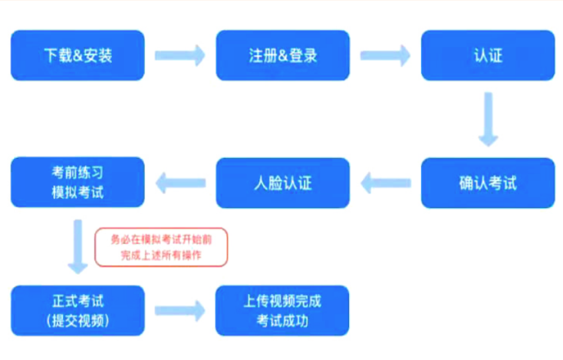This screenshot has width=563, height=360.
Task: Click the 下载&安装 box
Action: tap(77, 55)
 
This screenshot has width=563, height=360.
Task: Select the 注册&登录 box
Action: tap(282, 55)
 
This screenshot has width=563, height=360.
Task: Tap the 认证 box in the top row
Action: tap(488, 55)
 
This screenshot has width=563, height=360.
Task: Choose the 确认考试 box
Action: tap(488, 183)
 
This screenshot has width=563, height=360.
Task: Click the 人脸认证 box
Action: tap(282, 183)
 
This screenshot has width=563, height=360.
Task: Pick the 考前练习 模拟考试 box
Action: tap(77, 182)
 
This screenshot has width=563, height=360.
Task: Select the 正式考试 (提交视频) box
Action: tap(78, 310)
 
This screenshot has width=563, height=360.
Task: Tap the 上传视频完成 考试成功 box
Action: tap(282, 310)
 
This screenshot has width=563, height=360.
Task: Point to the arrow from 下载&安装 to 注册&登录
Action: tap(180, 56)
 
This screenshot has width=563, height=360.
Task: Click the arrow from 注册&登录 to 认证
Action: tap(385, 56)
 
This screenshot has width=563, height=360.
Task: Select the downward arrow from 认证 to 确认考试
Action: tap(489, 119)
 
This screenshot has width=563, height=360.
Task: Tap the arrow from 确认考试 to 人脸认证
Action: tap(386, 183)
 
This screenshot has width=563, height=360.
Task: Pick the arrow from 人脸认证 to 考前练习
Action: tap(180, 183)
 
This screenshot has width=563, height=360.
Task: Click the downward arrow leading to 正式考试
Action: tap(78, 247)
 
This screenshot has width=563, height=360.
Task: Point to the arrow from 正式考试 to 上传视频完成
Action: tap(180, 311)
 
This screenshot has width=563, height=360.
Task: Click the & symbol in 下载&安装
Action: tap(78, 56)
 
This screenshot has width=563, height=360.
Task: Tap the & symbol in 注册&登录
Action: tap(283, 56)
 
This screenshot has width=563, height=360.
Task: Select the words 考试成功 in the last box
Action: tap(282, 321)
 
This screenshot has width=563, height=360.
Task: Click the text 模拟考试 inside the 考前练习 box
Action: tap(77, 192)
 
